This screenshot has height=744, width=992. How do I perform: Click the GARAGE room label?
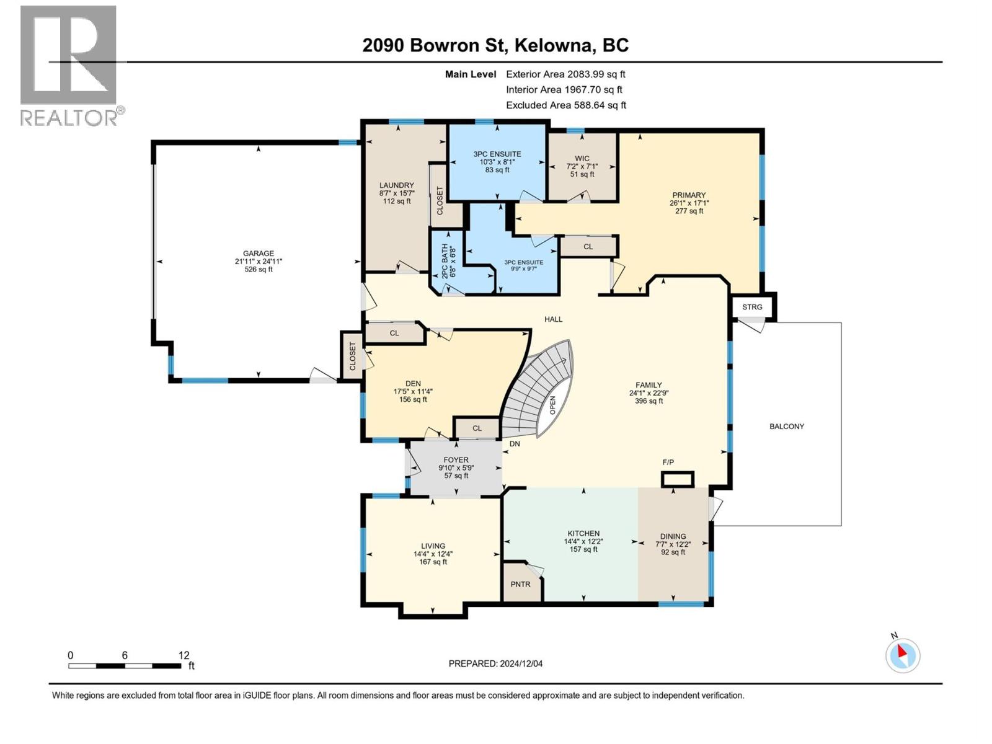(x=258, y=254)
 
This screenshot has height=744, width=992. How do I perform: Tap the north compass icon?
(x=902, y=655)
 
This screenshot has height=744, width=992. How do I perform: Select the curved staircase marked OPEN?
(x=539, y=391)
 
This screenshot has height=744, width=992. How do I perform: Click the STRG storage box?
(x=752, y=307)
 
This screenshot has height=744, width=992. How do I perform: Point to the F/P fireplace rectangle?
(x=677, y=479)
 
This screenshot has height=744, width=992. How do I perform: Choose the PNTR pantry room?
(x=521, y=584)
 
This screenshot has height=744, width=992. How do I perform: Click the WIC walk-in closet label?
(x=582, y=159)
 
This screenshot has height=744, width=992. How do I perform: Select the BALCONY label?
(x=786, y=427)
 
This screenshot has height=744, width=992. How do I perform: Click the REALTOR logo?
(x=69, y=65)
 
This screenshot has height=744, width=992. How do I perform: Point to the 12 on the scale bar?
(x=184, y=655)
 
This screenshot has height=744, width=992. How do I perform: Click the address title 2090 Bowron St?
(x=495, y=45)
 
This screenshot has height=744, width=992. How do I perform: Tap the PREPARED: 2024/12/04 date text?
(x=495, y=663)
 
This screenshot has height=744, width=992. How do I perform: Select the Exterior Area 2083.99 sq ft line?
(x=565, y=74)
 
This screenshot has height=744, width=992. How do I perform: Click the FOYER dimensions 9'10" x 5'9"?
(x=456, y=468)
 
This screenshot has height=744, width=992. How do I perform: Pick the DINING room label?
(x=673, y=536)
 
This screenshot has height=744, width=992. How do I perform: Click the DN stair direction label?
(x=515, y=444)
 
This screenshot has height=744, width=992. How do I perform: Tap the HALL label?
(x=553, y=319)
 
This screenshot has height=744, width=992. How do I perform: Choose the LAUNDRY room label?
(x=396, y=185)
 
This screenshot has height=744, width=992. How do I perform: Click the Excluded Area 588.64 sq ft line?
(x=565, y=105)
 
